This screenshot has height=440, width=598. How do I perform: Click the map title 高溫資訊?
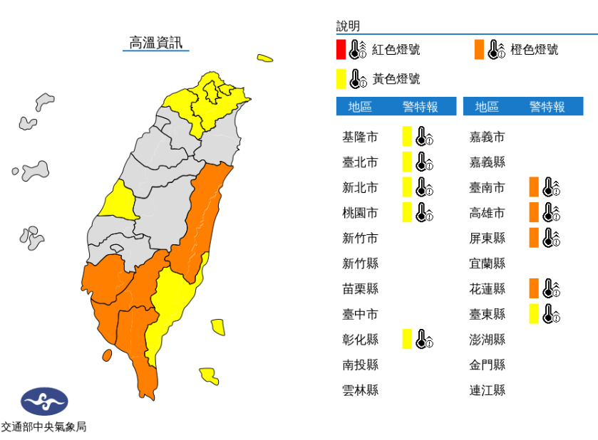155,43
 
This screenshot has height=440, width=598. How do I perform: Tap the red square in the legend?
341,49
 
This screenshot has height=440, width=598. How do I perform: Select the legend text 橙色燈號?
535,49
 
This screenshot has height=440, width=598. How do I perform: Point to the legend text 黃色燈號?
396,78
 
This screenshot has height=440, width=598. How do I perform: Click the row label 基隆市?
360,137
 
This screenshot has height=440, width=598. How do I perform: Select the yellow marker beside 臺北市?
406,162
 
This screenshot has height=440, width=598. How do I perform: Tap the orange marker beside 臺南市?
533,187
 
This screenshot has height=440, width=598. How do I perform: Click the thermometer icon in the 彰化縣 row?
424,340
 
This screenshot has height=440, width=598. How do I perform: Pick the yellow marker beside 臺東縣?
533,314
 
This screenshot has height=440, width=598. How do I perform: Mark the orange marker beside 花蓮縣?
533,288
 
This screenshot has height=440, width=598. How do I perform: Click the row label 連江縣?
487,390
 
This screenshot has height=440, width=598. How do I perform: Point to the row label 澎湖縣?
487,340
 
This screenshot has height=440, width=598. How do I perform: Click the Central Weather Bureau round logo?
44,402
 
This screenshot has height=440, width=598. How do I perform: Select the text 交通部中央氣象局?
44,427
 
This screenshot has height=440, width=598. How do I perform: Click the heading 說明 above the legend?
348,26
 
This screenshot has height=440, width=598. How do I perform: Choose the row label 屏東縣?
487,238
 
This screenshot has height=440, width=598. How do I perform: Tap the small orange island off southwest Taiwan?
107,355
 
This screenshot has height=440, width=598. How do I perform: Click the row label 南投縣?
360,365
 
